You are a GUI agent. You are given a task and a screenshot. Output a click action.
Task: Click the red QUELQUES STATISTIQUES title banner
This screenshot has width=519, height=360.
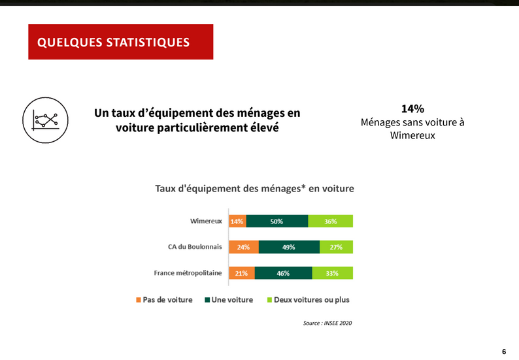click(x=121, y=42)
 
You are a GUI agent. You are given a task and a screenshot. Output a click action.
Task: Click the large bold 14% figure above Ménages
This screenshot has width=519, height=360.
click(x=412, y=109)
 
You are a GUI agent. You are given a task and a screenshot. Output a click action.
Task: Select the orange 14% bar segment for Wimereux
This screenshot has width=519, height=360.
click(x=237, y=221)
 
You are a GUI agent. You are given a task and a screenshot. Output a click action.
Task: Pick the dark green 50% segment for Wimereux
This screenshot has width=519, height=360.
click(x=277, y=221)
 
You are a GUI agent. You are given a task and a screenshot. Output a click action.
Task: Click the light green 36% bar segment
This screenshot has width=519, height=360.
click(x=330, y=221)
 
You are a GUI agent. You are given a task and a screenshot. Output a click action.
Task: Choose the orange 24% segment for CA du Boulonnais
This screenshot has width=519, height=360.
click(x=244, y=247)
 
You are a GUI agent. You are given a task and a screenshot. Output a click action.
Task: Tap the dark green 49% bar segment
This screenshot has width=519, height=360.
click(x=290, y=247)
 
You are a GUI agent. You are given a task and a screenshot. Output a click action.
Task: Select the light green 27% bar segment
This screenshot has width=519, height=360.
click(x=336, y=247)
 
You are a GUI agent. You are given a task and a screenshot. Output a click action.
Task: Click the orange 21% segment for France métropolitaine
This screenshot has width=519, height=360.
click(x=242, y=273)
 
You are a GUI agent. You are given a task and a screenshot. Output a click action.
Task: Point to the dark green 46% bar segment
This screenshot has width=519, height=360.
click(x=283, y=273)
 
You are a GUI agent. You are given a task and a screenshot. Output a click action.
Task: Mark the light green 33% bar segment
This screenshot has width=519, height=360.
click(x=332, y=273)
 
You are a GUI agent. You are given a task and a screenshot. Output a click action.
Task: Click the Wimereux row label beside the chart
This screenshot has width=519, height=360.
click(x=206, y=221)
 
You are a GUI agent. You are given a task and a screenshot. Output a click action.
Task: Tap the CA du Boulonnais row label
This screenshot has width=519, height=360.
click(x=195, y=247)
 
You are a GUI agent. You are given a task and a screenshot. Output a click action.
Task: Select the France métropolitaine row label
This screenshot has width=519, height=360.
click(x=188, y=273)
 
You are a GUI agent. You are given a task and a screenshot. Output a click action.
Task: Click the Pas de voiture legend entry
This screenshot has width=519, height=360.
click(x=164, y=300)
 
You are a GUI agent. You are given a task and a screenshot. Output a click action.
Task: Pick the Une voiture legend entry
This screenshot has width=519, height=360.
click(x=229, y=300)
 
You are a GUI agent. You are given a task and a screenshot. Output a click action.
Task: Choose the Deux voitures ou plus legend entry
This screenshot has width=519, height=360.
click(x=308, y=300)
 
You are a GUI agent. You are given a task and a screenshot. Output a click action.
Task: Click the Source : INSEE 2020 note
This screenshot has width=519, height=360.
click(x=327, y=323)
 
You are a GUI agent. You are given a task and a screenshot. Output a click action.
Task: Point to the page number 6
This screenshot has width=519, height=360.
click(x=504, y=352)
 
